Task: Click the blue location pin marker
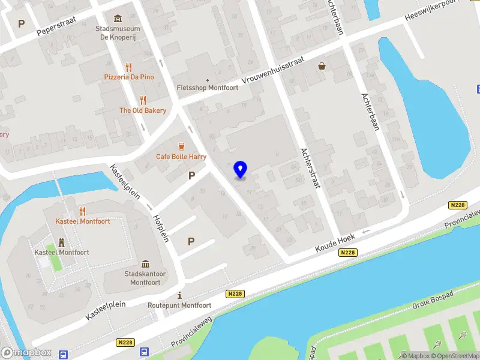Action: point(241,170)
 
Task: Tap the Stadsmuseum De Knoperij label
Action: point(118,32)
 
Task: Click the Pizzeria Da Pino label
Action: point(128,77)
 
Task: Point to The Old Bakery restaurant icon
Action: point(143,100)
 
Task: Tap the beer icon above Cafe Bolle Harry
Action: point(181,146)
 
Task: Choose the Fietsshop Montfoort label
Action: point(208,88)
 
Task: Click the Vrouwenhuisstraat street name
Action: point(273,71)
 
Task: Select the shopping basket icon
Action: point(323,66)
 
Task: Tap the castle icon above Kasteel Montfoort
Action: point(61,242)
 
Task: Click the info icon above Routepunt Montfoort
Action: point(180,295)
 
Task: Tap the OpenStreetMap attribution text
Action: point(458,356)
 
